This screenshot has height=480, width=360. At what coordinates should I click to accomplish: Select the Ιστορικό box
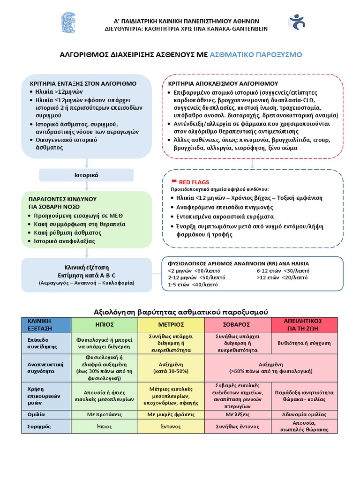[x=86, y=175]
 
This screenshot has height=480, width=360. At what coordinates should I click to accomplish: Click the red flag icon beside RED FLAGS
[x=174, y=181]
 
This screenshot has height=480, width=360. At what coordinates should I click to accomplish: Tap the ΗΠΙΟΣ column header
[x=104, y=324]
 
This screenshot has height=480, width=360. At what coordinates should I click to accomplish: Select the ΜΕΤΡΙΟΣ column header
[x=171, y=324]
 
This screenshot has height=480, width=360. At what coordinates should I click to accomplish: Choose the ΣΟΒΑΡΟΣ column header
[x=237, y=324]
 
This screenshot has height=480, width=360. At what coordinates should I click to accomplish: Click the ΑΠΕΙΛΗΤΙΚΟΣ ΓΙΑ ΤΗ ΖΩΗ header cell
[x=304, y=324]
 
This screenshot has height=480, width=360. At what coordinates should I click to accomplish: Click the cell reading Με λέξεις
[x=237, y=414]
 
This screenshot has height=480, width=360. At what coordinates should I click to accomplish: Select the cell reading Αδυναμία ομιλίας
[x=304, y=414]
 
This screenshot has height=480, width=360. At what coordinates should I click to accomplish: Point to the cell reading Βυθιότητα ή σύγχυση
[x=304, y=343]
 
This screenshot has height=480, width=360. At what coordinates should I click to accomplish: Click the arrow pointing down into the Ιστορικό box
[x=86, y=164]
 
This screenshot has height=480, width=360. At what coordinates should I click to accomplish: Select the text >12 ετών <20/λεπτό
[x=282, y=277]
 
